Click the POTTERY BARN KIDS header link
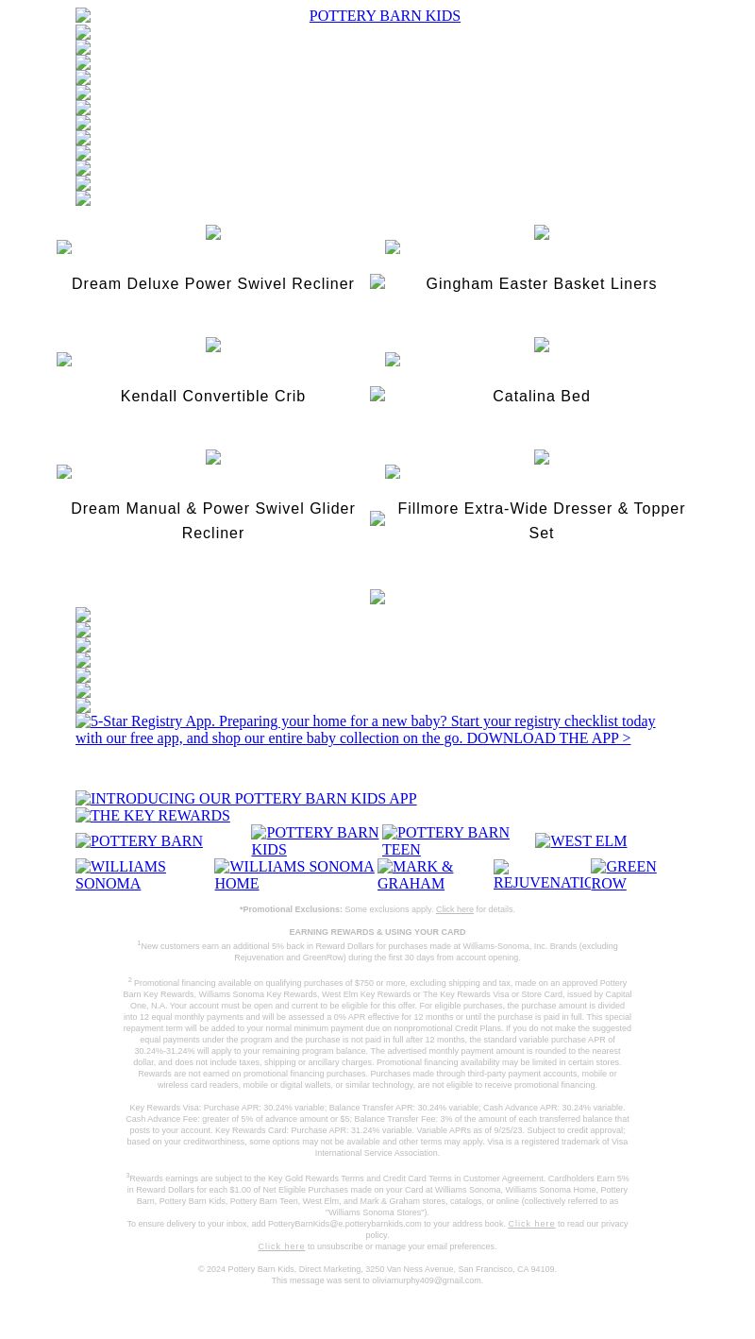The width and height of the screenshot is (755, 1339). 384,16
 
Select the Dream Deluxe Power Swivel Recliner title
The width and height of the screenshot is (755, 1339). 213,284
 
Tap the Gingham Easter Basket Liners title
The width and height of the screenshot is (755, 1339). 541,284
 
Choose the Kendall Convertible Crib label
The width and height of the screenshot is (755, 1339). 213,397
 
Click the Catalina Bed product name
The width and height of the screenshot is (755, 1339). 541,397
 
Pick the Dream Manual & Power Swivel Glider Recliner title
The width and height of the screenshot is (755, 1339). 213,520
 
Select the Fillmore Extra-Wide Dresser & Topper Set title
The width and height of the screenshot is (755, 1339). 541,520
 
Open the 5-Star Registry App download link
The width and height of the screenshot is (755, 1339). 365,730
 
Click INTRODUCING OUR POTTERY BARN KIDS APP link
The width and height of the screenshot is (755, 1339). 246,799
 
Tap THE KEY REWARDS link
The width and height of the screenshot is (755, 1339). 153,816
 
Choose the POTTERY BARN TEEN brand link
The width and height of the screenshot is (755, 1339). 445,840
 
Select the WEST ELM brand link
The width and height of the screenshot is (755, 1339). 580,841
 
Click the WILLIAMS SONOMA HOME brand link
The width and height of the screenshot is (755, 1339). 294,874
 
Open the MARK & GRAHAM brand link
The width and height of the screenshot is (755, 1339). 415,874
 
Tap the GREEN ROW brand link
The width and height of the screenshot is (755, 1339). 624,874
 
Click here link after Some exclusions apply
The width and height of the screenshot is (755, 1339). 454,909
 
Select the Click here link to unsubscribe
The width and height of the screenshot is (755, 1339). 281,1246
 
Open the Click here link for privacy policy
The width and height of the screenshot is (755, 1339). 531,1224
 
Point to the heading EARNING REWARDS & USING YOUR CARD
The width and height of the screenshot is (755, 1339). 377,932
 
